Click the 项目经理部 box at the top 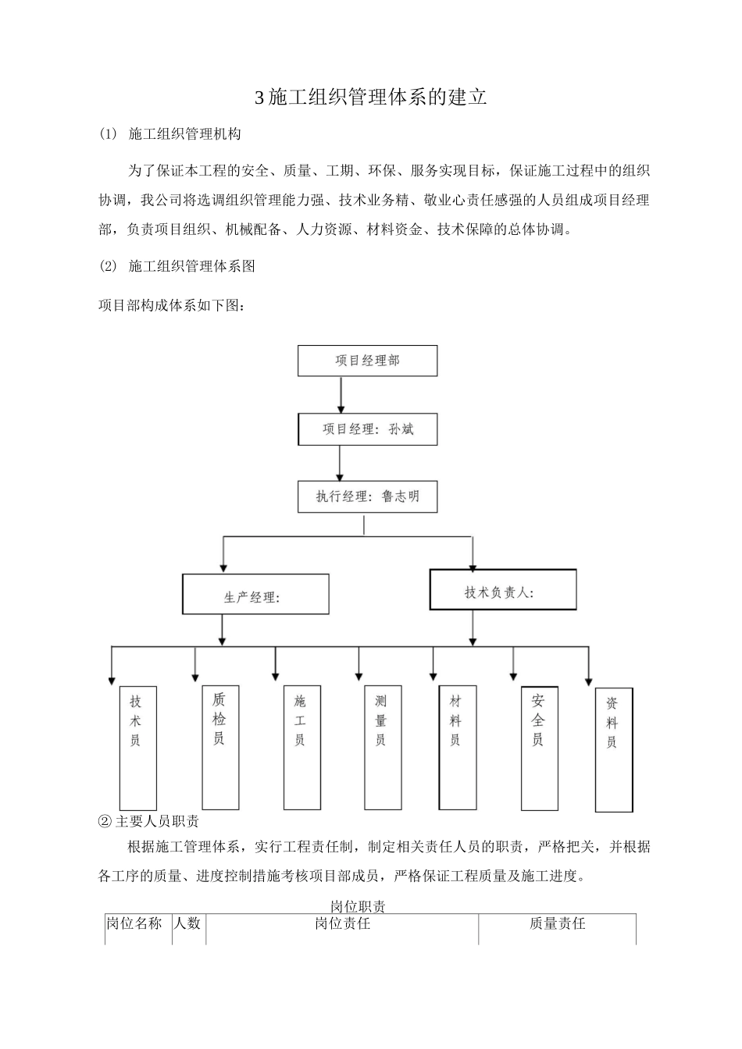tap(367, 361)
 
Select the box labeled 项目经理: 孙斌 tap(367, 429)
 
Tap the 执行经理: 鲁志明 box tap(367, 496)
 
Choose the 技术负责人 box tap(503, 590)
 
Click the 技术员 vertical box tap(137, 748)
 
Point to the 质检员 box tap(220, 747)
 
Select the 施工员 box tap(301, 747)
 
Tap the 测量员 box tap(383, 747)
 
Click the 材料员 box tap(458, 747)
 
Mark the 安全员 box tap(539, 747)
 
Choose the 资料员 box tap(614, 749)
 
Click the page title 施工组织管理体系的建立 tap(372, 98)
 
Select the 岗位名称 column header tap(134, 923)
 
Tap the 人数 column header tap(187, 923)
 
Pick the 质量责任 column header tap(557, 923)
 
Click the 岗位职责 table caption tap(357, 906)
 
